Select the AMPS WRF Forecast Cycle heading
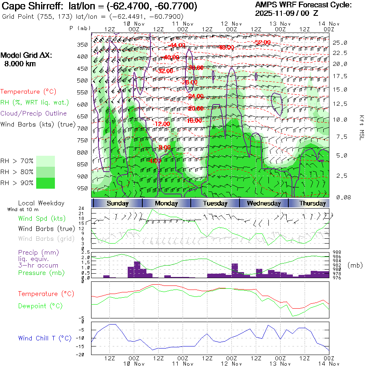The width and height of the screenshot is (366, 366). coord(303,5)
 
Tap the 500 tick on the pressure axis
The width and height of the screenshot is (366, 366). coord(83,81)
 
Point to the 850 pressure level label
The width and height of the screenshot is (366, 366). coord(83,164)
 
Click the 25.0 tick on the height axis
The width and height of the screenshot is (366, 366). coord(340,43)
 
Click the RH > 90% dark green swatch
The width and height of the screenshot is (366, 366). coord(46,183)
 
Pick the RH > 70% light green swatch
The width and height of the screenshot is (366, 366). coord(46,161)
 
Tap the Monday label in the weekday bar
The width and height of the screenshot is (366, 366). coord(166,203)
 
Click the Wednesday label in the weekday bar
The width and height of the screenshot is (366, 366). coord(264,203)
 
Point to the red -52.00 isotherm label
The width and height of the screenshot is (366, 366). coord(262,42)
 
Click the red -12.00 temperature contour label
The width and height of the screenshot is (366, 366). coord(161,124)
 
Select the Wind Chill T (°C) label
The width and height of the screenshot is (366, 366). coord(45,338)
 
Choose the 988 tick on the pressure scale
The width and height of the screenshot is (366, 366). coord(337,253)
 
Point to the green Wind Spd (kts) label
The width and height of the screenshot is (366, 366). coord(42,218)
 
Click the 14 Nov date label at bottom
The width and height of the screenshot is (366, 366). coord(329,364)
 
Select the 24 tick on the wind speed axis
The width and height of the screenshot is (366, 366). coord(87,208)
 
